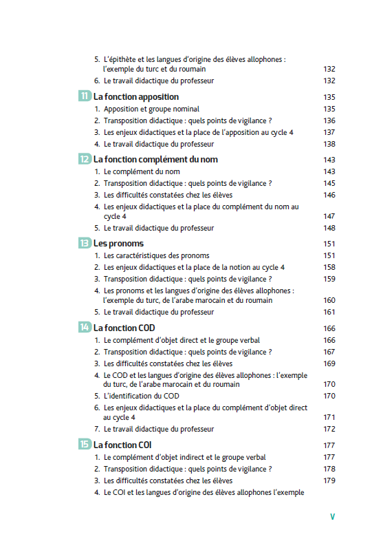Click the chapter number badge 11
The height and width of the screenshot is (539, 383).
(85, 97)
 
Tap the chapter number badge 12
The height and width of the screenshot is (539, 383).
(85, 159)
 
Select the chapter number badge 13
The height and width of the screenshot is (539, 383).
(85, 243)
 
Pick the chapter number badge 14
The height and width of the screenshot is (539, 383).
(85, 328)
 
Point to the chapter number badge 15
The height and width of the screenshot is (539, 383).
(85, 445)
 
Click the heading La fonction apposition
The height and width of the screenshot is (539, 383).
(136, 97)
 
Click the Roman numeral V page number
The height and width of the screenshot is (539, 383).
(332, 516)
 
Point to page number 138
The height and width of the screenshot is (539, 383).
(329, 145)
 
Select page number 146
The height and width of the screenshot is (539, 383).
(329, 195)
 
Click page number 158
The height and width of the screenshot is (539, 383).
(329, 267)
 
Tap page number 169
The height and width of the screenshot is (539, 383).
(329, 363)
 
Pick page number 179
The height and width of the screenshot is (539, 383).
(329, 480)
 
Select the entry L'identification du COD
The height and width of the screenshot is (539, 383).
(141, 396)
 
